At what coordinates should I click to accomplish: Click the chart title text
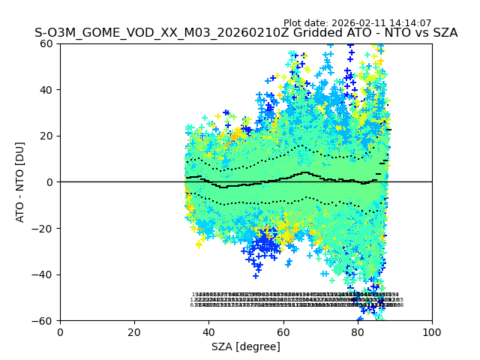[x=246, y=33]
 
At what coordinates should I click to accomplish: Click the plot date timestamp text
[x=357, y=23]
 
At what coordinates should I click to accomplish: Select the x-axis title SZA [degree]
[x=246, y=346]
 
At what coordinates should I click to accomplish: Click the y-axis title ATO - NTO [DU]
[x=21, y=182]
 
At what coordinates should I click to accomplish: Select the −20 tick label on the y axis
[x=45, y=229]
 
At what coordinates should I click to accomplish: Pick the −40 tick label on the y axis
[x=45, y=274]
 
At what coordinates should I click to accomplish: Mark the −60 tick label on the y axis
[x=45, y=321]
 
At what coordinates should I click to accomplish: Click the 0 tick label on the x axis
[x=60, y=332]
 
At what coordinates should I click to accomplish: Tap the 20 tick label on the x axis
[x=134, y=332]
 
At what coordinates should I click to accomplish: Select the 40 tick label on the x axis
[x=208, y=332]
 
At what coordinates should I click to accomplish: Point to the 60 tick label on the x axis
[x=283, y=332]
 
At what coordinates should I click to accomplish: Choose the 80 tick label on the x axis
[x=358, y=332]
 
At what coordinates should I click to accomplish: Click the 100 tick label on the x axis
[x=432, y=332]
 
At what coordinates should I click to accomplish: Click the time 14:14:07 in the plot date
[x=410, y=23]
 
